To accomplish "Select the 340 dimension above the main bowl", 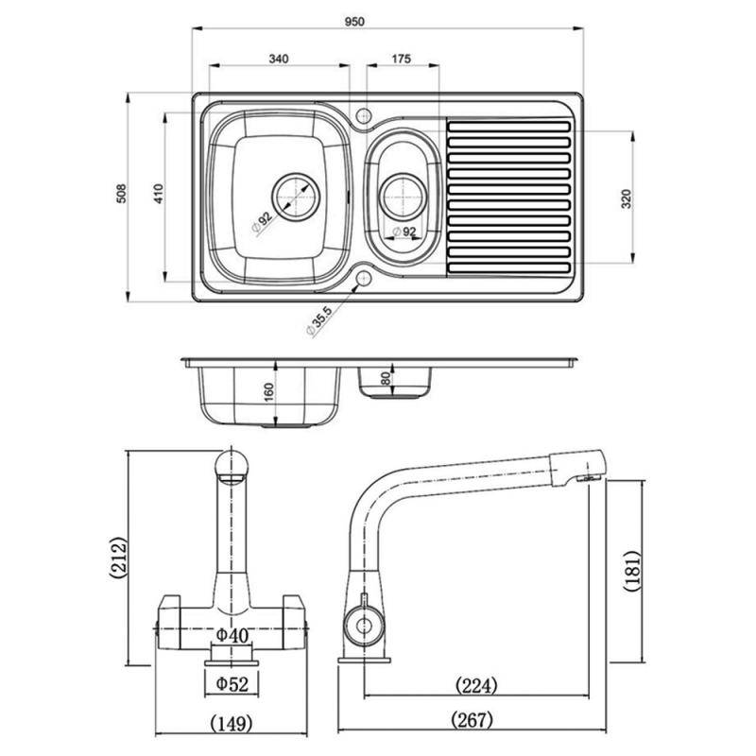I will [278, 59].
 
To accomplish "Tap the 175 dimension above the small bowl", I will [400, 59].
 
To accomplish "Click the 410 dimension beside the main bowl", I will [160, 196].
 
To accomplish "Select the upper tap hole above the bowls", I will [364, 116].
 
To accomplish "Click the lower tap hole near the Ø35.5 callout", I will [364, 280].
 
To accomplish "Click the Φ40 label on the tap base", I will [232, 635].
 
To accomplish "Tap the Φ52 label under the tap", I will [232, 682].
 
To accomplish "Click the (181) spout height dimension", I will [634, 570].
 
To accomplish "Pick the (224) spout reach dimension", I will [477, 683].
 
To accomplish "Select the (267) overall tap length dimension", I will [472, 721].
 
